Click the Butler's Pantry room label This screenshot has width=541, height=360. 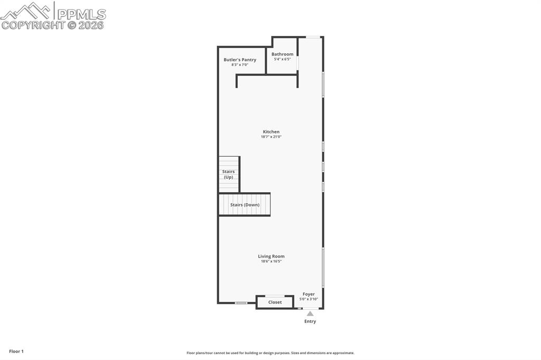[239, 60]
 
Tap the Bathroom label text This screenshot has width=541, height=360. [282, 54]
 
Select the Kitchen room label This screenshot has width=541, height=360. [271, 131]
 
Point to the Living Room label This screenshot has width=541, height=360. [271, 256]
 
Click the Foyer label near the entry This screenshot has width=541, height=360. [309, 294]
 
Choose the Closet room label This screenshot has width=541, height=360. [275, 302]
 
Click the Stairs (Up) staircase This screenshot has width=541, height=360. [229, 174]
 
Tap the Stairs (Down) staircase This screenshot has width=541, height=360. [245, 205]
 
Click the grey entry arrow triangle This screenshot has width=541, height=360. [310, 314]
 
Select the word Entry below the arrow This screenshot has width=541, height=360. [310, 321]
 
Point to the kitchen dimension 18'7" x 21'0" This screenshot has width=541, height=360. [271, 137]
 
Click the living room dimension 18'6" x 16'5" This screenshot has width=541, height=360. [271, 261]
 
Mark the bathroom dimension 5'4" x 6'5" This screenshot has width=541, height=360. [282, 59]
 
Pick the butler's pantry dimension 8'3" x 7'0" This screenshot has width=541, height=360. [239, 65]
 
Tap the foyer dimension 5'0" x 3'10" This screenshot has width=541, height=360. [309, 299]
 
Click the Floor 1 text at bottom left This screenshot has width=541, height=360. [16, 351]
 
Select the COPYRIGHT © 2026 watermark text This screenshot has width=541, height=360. [53, 25]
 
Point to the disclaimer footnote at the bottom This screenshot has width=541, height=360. [270, 353]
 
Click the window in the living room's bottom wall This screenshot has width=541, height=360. [241, 303]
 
